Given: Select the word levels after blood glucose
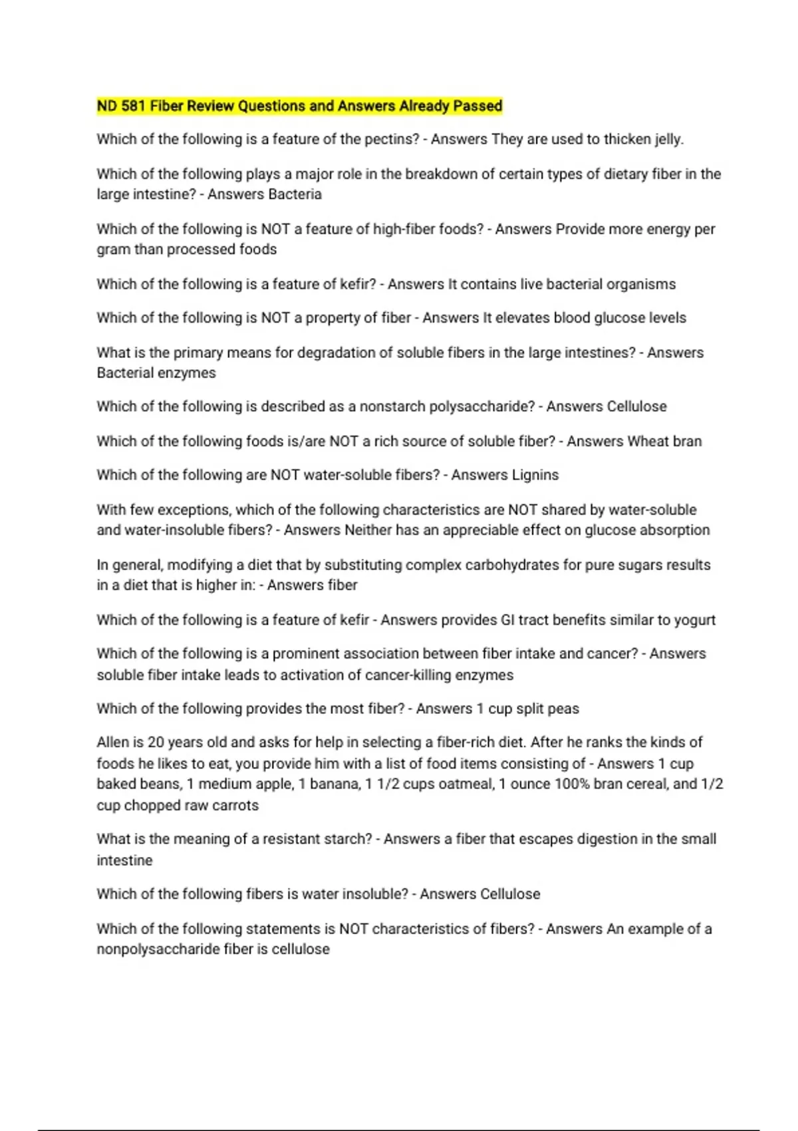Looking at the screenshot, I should pos(664,318).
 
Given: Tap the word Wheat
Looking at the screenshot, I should pos(650,441).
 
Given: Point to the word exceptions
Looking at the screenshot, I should pos(196,510).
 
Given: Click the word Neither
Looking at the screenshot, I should pos(368,530).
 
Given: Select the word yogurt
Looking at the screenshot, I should pos(695,620).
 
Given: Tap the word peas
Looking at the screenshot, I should pos(563,709).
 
